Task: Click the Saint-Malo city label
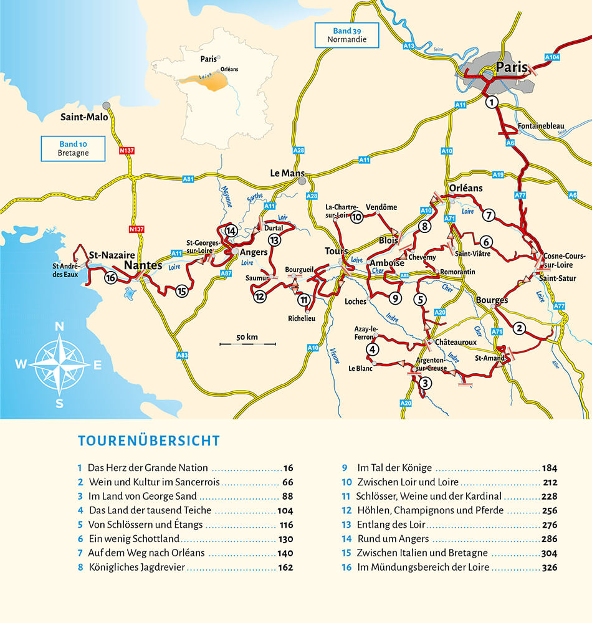84,117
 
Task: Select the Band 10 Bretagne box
73,148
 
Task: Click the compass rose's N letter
60,326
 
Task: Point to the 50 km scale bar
247,342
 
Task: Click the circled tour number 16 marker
110,278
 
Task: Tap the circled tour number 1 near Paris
492,102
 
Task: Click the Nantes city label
143,266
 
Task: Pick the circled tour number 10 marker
356,217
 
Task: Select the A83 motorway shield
183,355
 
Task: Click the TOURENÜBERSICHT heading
149,441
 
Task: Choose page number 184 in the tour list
549,468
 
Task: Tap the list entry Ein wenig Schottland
134,538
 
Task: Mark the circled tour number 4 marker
372,349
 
